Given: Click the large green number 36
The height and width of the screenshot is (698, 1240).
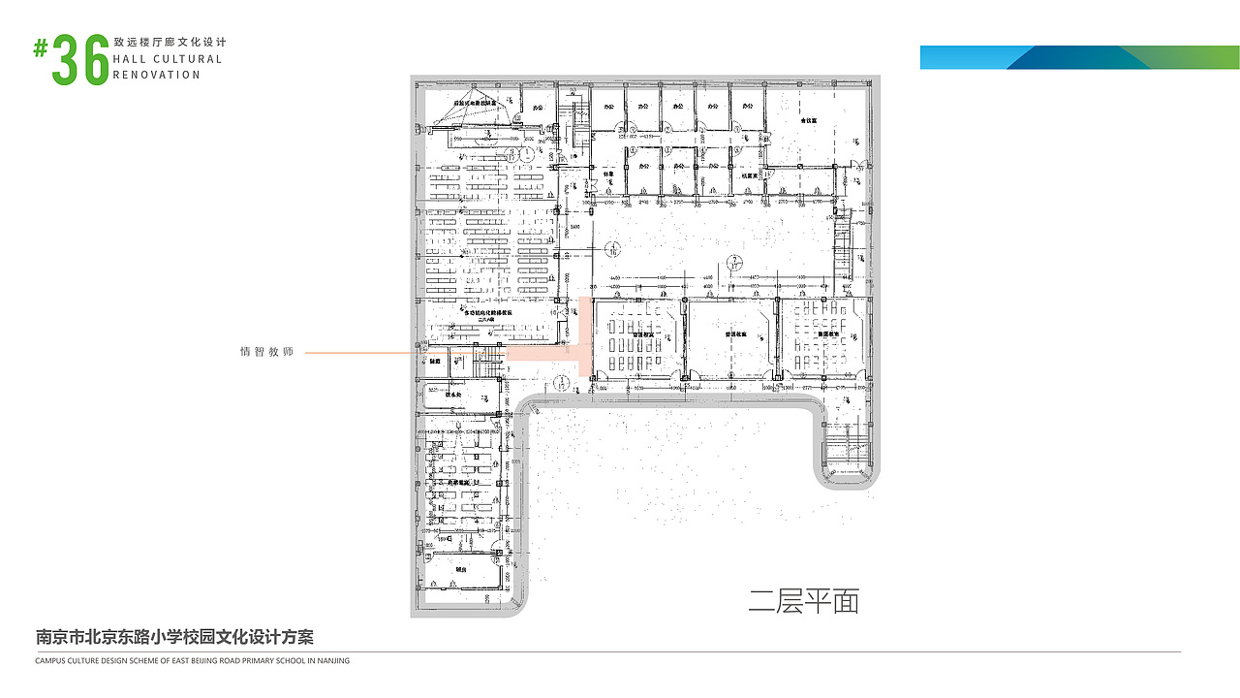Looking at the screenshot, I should (x=81, y=59).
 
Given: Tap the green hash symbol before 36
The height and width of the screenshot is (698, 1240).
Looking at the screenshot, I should (x=41, y=48).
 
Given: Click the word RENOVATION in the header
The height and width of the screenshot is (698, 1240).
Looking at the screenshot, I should (x=157, y=75).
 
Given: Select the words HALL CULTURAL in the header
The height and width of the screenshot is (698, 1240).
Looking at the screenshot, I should (x=168, y=59).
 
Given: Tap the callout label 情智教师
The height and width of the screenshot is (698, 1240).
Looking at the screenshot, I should (x=266, y=352).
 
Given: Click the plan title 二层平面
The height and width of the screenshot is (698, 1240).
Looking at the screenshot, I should (x=803, y=602).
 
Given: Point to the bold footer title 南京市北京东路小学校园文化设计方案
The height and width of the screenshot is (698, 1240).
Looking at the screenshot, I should (x=174, y=637).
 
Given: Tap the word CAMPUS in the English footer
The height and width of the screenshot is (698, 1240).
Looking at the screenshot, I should (x=50, y=661).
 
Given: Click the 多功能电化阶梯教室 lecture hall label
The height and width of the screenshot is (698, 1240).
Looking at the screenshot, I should (x=488, y=314).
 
